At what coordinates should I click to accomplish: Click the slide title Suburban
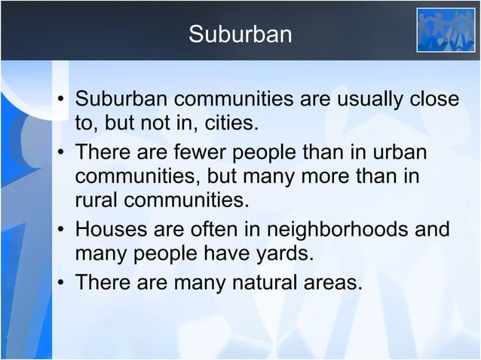(x=240, y=35)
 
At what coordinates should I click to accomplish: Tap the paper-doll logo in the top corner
(x=446, y=30)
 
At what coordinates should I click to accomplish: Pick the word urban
(x=400, y=154)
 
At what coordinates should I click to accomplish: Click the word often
(x=213, y=229)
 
